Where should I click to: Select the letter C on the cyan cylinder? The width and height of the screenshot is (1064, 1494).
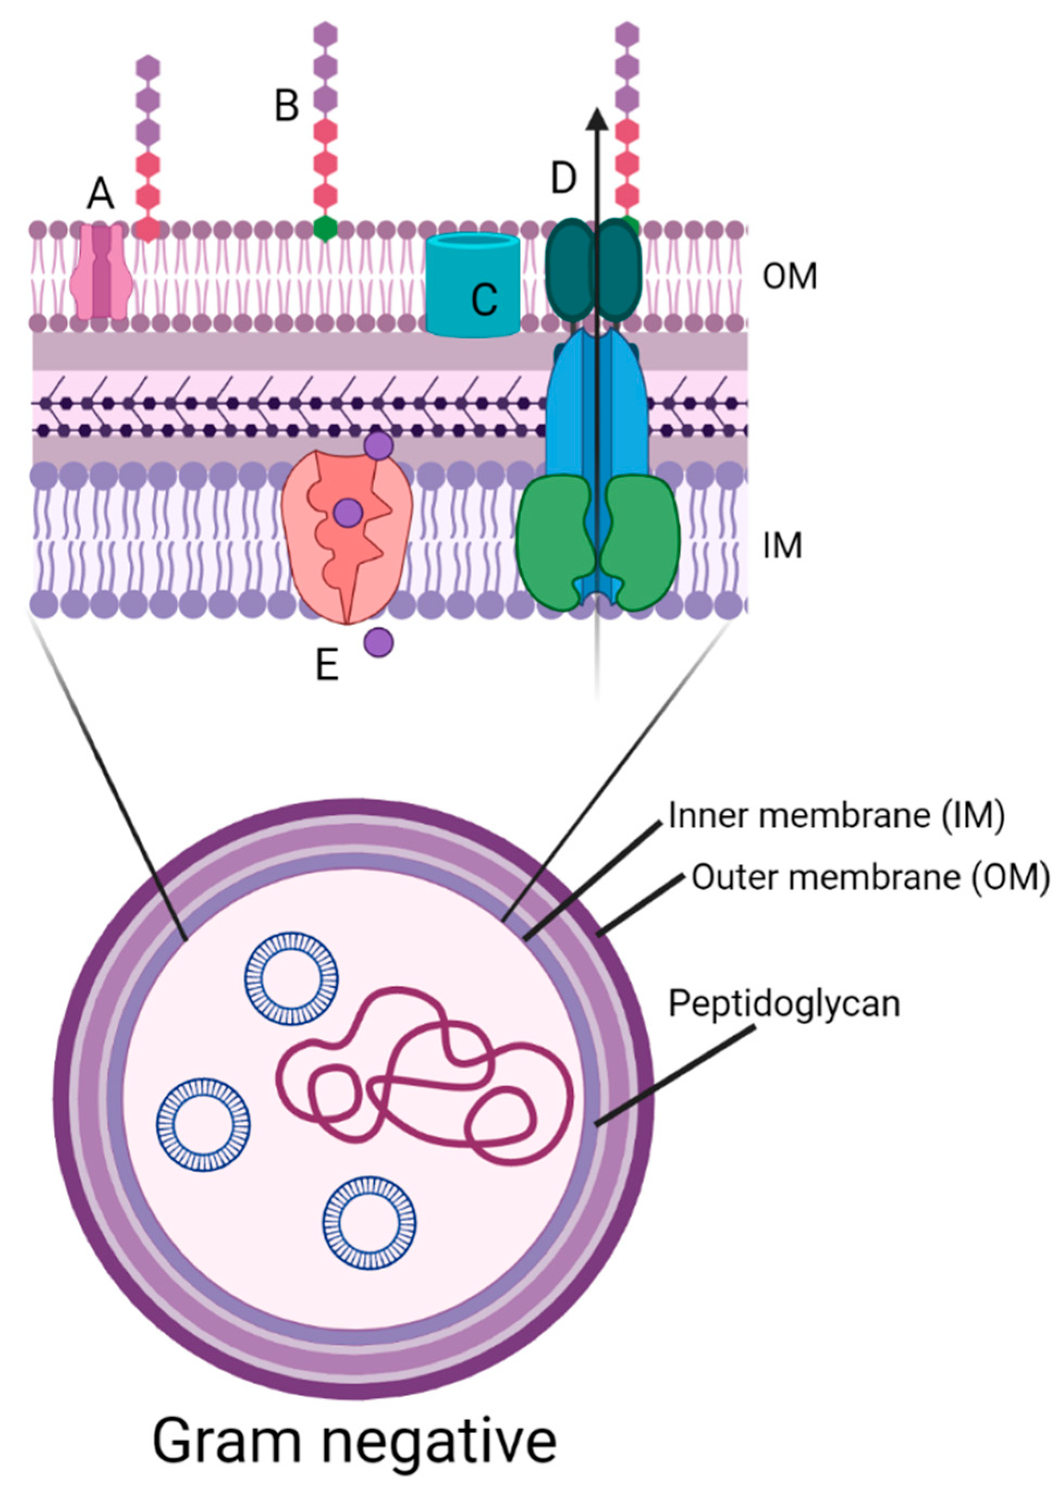(485, 300)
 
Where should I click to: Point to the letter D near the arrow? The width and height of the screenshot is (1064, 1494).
(564, 179)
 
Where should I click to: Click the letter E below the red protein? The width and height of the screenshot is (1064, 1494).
(327, 666)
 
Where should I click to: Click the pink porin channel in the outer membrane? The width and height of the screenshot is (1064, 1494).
(100, 272)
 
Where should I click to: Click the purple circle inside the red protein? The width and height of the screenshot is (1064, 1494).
(348, 513)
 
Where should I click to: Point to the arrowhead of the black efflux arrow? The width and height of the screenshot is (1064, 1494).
(596, 118)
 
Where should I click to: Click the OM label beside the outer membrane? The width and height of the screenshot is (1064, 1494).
(789, 276)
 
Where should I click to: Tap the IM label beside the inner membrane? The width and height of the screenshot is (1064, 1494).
(782, 545)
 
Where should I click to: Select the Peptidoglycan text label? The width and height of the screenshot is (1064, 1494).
(784, 1003)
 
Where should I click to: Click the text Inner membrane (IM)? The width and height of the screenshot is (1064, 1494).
(836, 816)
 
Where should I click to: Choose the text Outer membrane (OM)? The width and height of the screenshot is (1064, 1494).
(870, 878)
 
